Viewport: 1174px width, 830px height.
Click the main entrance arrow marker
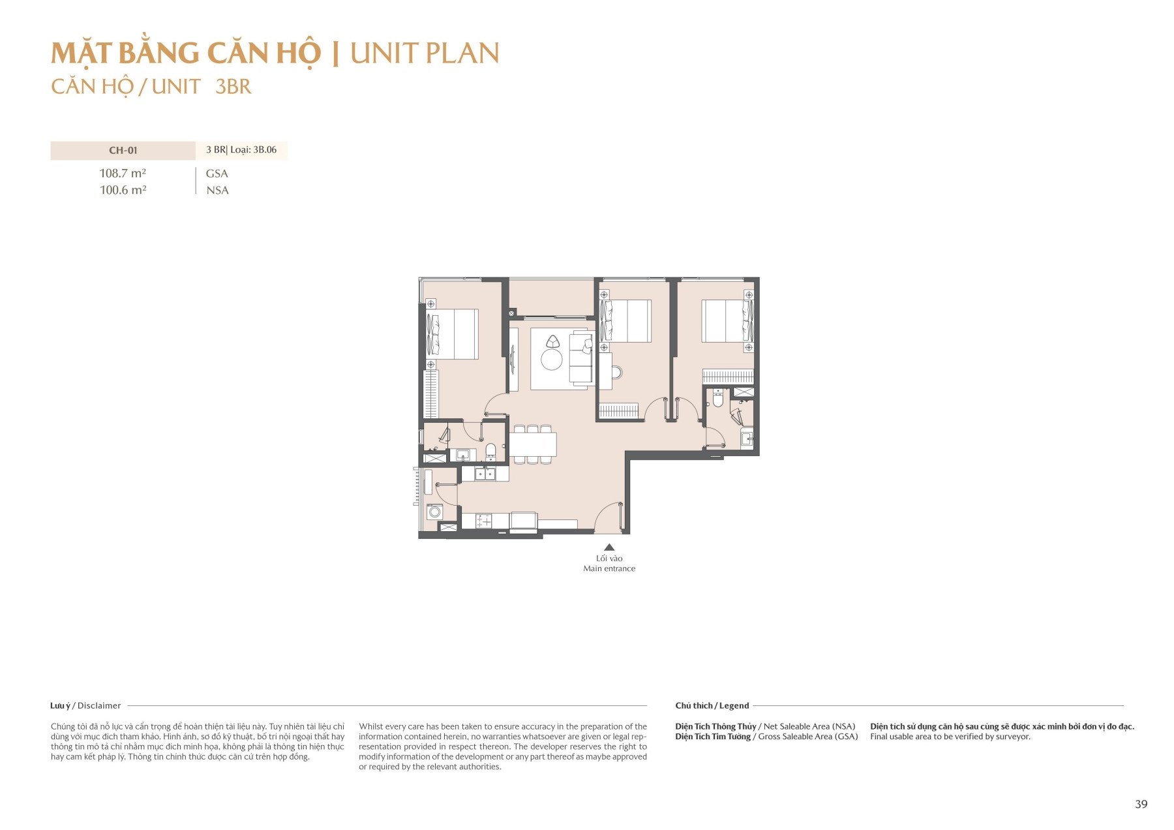coord(609,547)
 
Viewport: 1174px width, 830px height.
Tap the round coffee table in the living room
coord(551,360)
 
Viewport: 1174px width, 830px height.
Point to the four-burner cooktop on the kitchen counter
coord(484,521)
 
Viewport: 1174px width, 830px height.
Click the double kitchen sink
coord(484,474)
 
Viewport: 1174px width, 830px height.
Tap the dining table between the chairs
coord(533,444)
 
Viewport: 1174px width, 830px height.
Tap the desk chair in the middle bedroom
coord(616,373)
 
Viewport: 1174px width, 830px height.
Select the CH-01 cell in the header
coord(123,150)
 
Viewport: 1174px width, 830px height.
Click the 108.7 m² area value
coord(123,173)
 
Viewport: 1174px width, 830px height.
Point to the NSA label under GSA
coord(217,191)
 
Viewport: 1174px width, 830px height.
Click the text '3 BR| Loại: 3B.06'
coord(241,150)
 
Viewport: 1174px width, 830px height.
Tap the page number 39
coord(1141,804)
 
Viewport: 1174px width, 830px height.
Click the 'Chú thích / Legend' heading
coord(712,705)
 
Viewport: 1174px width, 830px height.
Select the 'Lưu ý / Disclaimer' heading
coord(85,705)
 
